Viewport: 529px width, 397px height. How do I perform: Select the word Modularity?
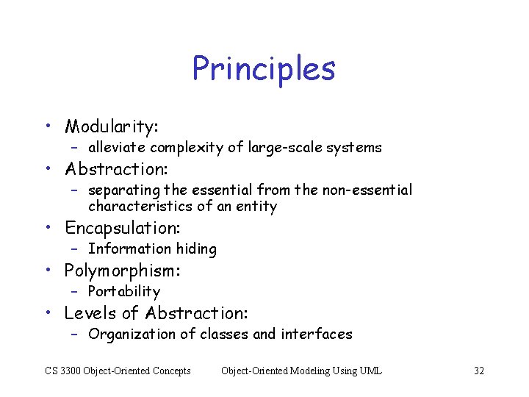(109, 126)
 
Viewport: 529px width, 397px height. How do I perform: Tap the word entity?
(257, 207)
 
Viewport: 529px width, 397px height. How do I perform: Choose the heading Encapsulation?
(121, 228)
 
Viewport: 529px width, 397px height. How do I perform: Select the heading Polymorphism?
(121, 271)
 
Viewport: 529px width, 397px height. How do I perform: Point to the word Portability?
(123, 292)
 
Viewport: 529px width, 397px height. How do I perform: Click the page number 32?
(479, 371)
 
